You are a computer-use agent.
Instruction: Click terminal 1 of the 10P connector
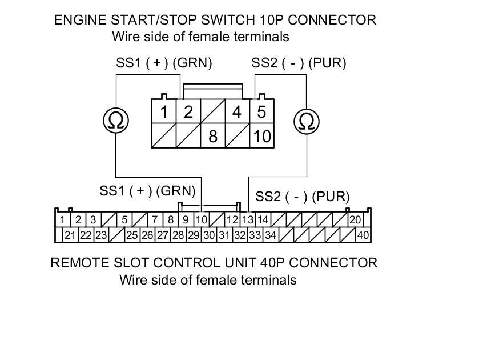tap(164, 111)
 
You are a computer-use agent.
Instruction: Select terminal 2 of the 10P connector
tap(188, 111)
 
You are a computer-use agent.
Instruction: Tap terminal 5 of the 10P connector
tap(261, 111)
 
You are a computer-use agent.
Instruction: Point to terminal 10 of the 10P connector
tap(261, 137)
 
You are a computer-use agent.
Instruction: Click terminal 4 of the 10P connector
tap(237, 111)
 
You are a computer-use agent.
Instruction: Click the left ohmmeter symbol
tap(116, 121)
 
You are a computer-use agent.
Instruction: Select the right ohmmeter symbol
tap(307, 121)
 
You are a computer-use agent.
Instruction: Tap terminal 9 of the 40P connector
tap(186, 220)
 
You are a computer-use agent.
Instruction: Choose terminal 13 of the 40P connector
tap(248, 220)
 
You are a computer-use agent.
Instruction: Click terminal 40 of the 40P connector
tap(363, 235)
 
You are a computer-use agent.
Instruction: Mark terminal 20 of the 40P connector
tap(355, 220)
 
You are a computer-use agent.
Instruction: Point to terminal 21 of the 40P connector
tap(70, 235)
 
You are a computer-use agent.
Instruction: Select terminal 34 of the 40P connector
tap(270, 235)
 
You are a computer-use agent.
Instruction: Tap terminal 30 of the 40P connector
tap(209, 235)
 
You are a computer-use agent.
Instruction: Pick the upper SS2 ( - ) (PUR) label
tap(299, 63)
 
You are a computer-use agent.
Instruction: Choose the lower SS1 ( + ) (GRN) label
tap(147, 190)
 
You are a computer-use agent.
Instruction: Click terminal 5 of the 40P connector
tap(124, 220)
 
